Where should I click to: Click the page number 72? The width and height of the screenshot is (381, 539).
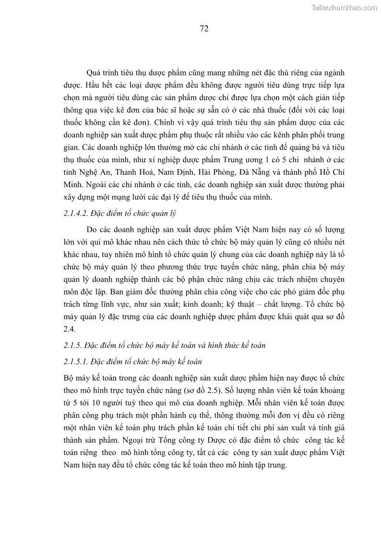(203, 29)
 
